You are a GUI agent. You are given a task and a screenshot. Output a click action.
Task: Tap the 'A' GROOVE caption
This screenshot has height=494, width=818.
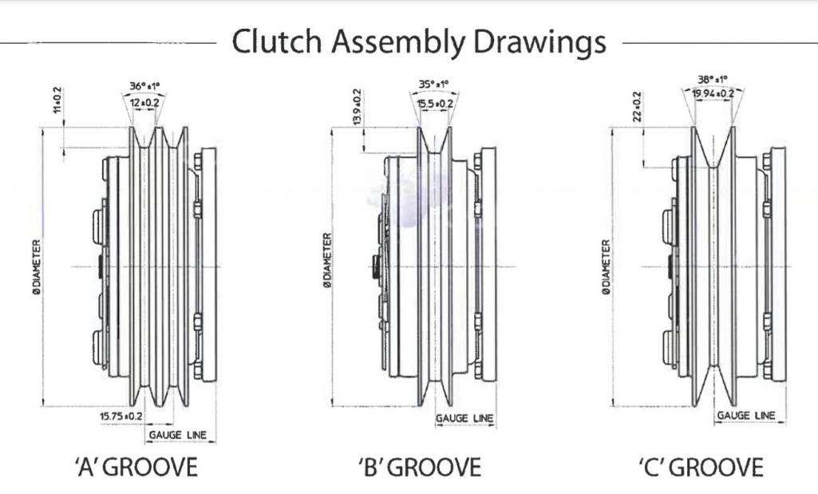[136, 467]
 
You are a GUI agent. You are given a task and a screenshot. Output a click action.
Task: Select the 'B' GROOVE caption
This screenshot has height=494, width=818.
[420, 467]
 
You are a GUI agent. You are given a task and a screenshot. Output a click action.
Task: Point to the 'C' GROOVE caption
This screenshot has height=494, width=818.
[701, 467]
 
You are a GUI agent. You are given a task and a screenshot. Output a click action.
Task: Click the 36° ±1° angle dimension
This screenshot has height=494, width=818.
[149, 86]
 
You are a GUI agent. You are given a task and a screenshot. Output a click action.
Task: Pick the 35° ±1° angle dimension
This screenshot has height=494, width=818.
[433, 84]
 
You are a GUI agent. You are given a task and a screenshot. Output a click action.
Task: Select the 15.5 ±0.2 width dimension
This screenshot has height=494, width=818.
[435, 103]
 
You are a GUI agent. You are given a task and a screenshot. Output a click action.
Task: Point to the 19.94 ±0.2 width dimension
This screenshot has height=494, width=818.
[713, 94]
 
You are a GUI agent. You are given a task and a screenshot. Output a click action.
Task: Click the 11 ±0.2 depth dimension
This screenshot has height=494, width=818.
[57, 102]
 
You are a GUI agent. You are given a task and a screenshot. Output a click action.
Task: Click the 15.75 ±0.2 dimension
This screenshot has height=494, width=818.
[121, 417]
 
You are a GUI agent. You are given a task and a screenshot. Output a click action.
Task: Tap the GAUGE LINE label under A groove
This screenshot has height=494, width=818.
[178, 435]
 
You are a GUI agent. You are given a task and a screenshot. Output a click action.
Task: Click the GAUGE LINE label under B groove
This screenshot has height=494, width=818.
[464, 418]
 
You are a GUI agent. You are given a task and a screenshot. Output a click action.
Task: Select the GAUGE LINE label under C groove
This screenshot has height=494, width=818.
[746, 416]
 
